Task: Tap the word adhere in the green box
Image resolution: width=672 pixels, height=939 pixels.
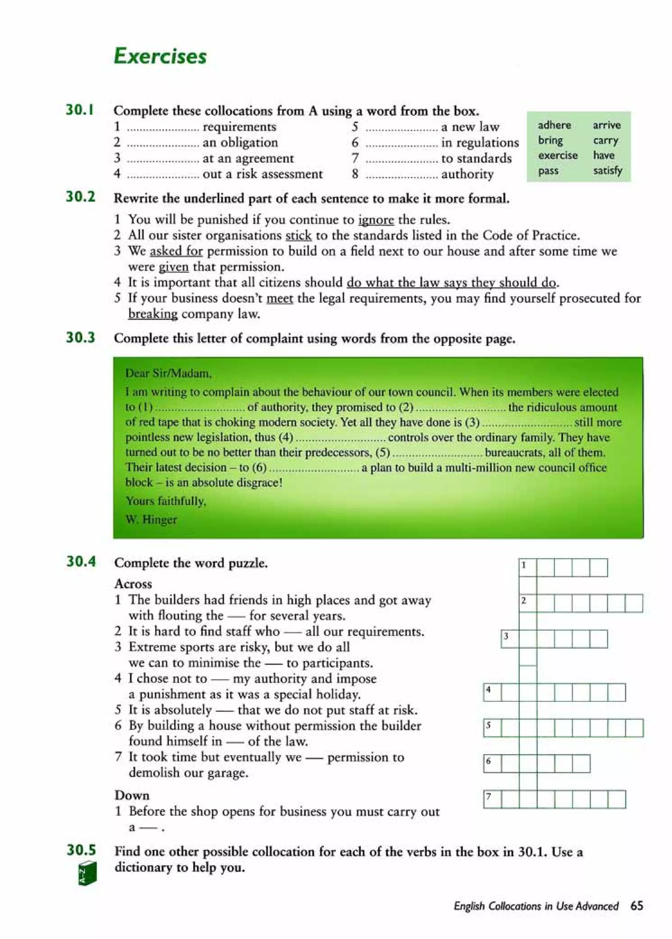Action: coord(554,125)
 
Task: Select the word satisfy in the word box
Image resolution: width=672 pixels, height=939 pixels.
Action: coord(607,170)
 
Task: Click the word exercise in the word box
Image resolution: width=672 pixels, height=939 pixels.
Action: coord(557,155)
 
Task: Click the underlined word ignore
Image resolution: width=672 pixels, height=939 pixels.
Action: coord(375,219)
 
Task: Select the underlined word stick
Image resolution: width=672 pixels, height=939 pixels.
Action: coord(298,236)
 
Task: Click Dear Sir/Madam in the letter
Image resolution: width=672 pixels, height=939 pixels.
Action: coord(168,374)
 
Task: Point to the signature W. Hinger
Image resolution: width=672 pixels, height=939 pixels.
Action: coord(151,519)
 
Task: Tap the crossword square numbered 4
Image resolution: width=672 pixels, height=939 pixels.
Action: coord(492,692)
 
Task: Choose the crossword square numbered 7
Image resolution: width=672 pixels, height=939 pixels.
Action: coord(492,799)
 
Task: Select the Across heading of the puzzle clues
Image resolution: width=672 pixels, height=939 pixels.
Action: coord(133,584)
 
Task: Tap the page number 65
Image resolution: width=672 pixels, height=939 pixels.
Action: coord(637,905)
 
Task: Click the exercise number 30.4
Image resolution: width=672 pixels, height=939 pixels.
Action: coord(81,561)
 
